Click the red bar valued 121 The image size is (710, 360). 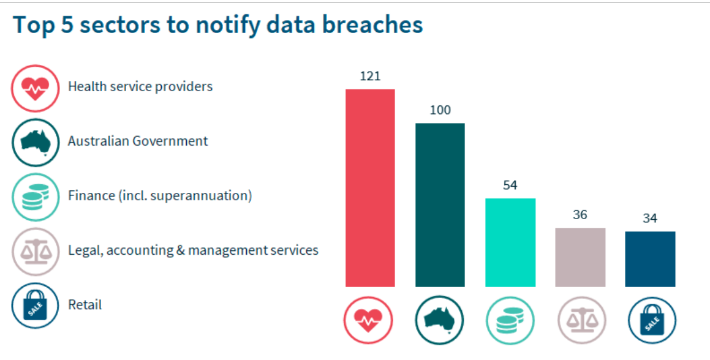pos(370,188)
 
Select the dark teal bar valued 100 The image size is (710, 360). pos(440,204)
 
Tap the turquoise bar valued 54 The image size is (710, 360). pos(510,242)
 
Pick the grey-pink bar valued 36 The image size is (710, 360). pos(580,257)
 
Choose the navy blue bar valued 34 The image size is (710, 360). pos(650,259)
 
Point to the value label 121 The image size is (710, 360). pos(370,76)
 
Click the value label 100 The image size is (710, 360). pos(440,110)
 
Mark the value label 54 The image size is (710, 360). pos(510,186)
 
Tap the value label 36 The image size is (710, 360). pos(580,215)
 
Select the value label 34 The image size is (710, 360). pos(650,218)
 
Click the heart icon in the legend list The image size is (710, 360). pos(36,88)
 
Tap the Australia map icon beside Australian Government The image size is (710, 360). pos(36,143)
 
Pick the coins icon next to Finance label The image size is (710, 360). pos(36,197)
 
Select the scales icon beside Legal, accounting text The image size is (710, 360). pos(36,251)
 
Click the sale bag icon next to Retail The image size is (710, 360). pos(36,306)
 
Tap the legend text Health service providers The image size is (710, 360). pos(140,86)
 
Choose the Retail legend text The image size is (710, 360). pos(85,305)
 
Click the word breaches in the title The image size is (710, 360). pos(372,25)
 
